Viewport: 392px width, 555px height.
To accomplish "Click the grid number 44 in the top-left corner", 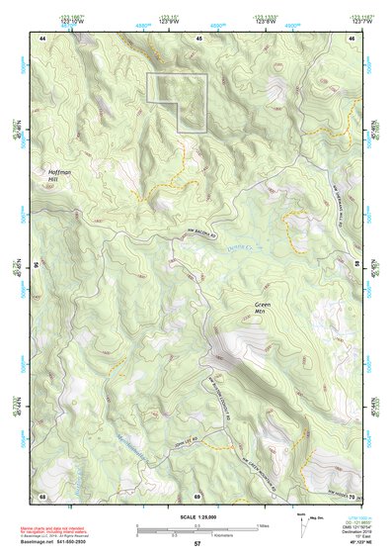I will point(42,37).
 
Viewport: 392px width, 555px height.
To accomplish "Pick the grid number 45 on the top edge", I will point(197,37).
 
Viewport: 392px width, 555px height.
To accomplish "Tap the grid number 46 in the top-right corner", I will point(351,37).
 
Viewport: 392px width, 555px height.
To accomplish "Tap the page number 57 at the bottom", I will point(197,544).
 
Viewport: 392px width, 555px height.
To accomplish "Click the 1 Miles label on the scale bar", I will point(261,523).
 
